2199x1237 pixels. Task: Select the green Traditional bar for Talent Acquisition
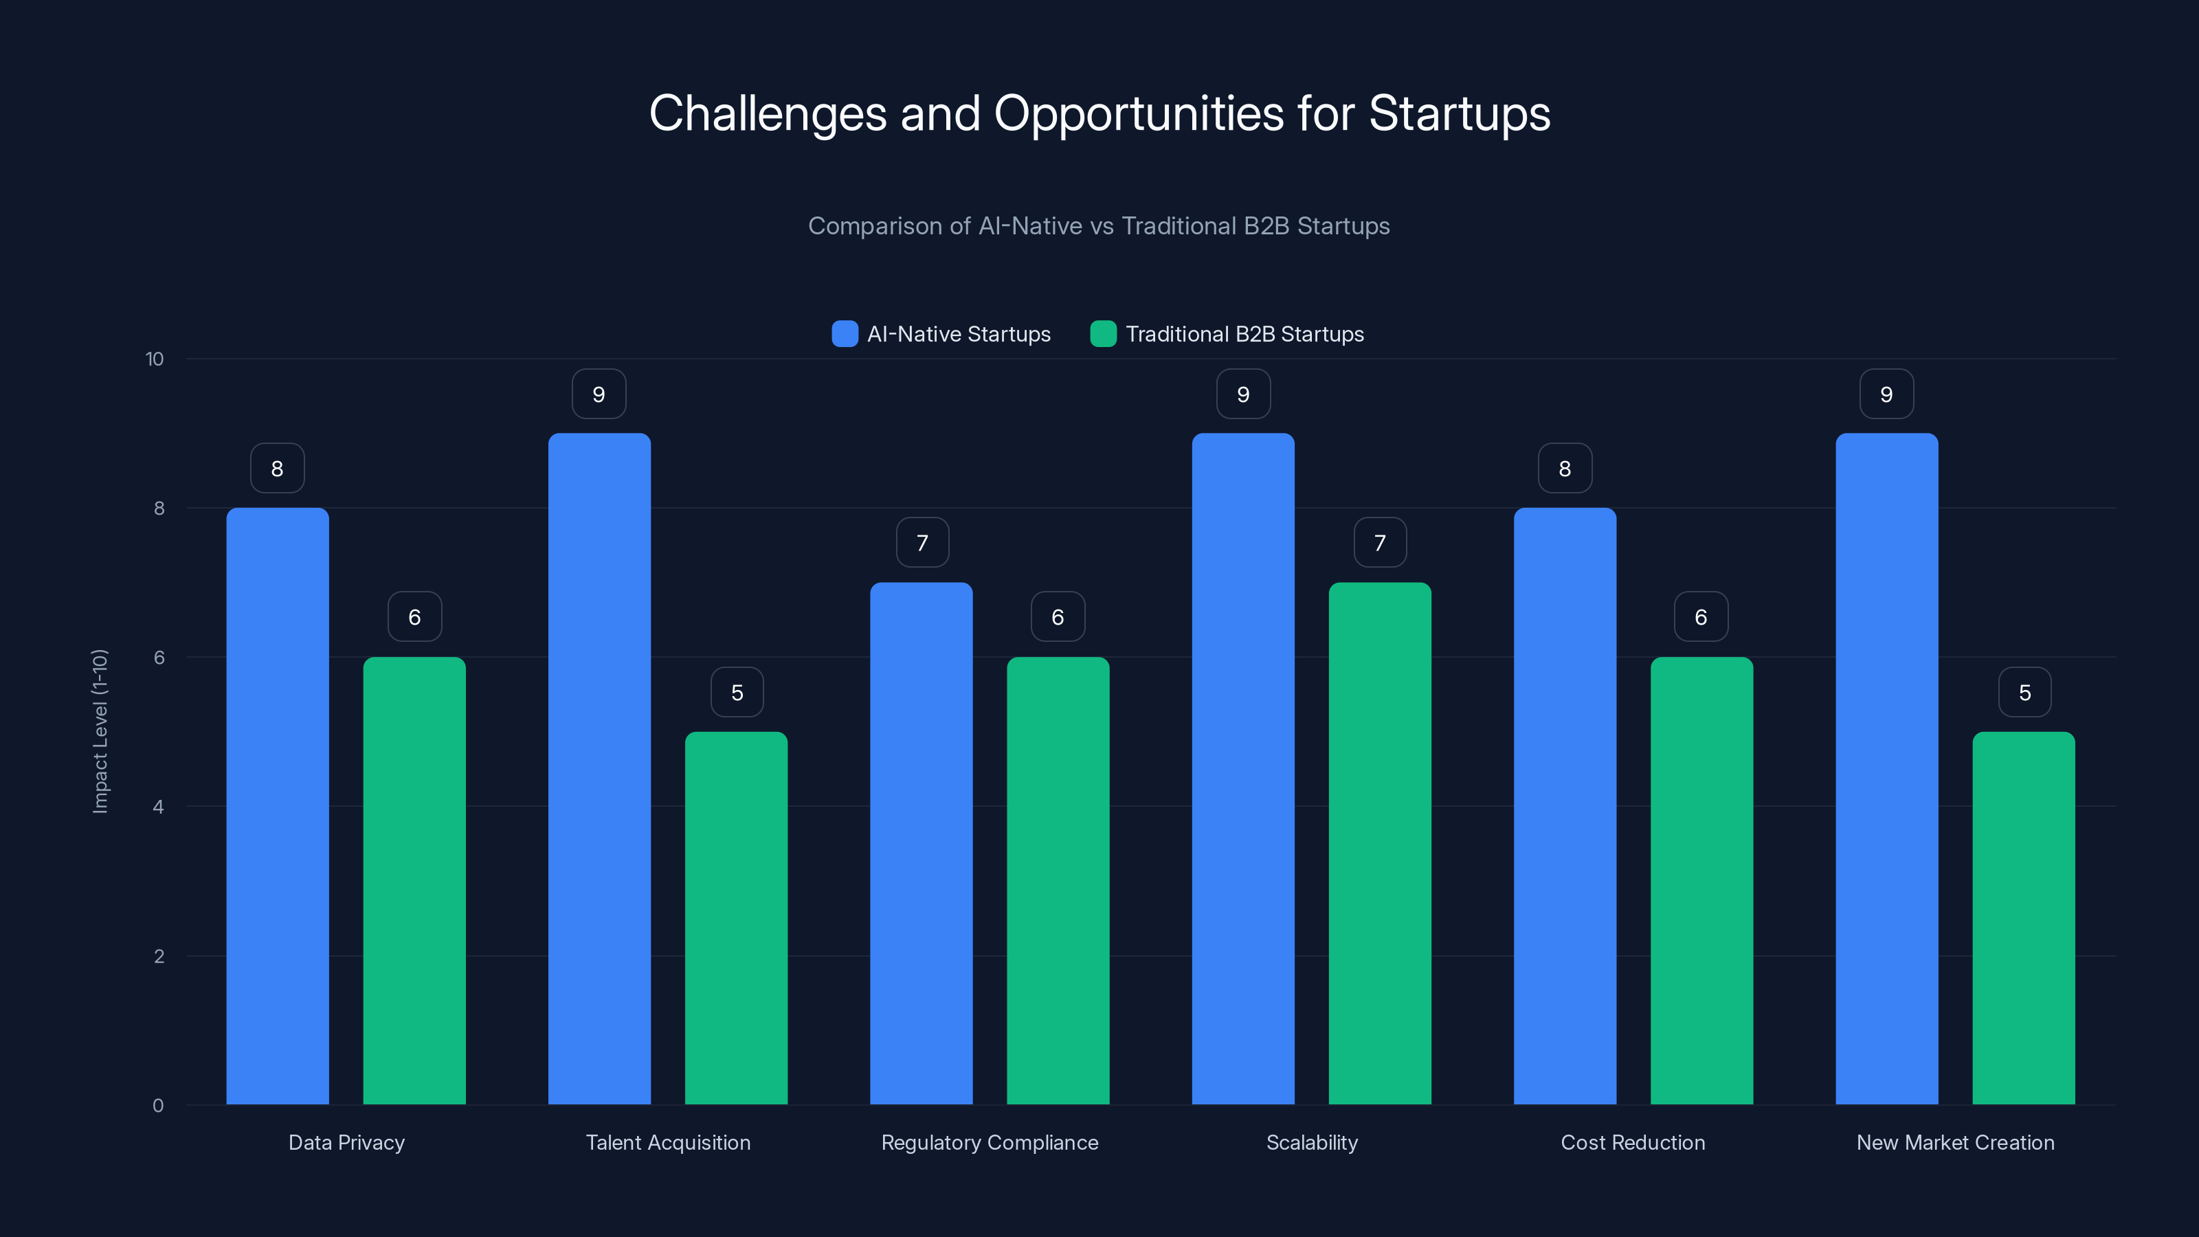736,917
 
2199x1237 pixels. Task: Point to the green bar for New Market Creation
2023,917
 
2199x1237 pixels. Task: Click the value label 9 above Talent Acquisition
599,394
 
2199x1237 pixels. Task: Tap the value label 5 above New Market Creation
2024,692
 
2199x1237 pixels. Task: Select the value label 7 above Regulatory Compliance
922,543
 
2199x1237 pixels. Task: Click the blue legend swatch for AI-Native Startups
845,334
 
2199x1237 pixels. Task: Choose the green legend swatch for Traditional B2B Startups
1103,334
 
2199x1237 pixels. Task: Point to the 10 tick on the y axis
155,359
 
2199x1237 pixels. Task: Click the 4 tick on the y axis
158,807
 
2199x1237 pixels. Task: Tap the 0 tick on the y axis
158,1106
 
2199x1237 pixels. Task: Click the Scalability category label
1311,1142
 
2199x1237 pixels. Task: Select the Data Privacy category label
346,1142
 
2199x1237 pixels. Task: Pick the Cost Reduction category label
1632,1142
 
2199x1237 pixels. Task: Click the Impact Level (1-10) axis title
100,732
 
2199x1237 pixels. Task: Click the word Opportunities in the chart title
1138,113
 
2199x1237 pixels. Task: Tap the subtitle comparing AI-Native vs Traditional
1099,226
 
